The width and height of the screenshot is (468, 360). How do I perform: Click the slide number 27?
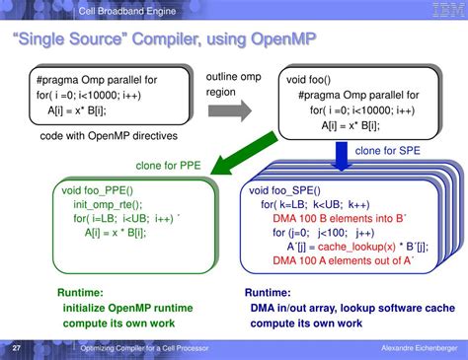[17, 349]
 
